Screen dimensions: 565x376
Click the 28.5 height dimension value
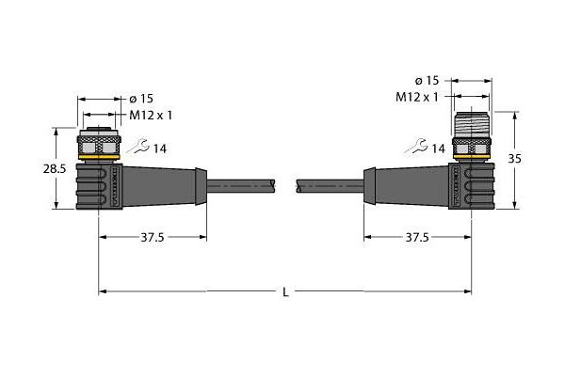(55, 168)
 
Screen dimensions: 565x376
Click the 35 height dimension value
(514, 158)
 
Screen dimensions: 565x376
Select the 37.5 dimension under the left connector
(152, 237)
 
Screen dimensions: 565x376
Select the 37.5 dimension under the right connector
(417, 237)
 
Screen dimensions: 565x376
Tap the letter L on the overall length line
(285, 292)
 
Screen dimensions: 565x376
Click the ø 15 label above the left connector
(141, 98)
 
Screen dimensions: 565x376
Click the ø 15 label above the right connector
(427, 81)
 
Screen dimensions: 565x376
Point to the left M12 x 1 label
(151, 115)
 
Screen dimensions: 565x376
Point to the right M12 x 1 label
(417, 97)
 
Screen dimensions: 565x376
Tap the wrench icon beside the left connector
(138, 146)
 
